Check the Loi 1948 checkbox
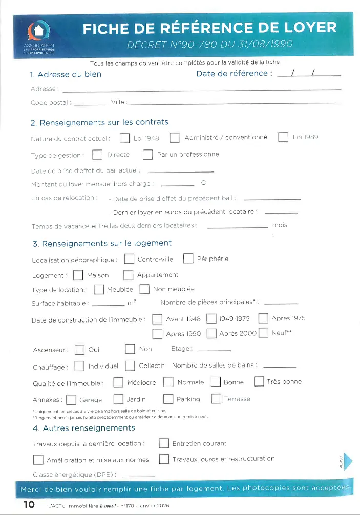click(x=124, y=138)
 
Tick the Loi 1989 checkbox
click(x=283, y=137)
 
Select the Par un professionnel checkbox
click(x=147, y=155)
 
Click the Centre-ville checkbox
click(x=130, y=259)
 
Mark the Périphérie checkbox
click(x=188, y=259)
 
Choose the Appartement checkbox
click(x=128, y=275)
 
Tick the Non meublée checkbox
click(x=144, y=290)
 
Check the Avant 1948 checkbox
click(x=157, y=319)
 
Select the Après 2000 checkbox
click(x=211, y=334)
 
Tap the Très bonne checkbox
click(x=259, y=382)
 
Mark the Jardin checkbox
click(x=118, y=399)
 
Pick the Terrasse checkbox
click(x=216, y=399)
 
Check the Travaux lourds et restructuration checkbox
click(x=164, y=459)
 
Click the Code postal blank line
click(x=91, y=104)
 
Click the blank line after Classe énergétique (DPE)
click(x=138, y=476)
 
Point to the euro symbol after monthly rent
click(x=203, y=183)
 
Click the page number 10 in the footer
click(x=29, y=505)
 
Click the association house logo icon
click(x=39, y=32)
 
